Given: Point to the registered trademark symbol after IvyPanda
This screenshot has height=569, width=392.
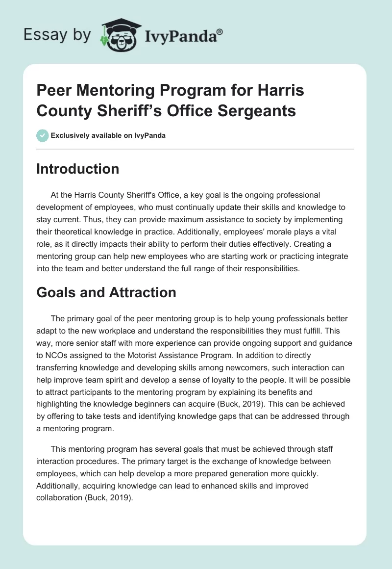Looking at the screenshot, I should tap(220, 32).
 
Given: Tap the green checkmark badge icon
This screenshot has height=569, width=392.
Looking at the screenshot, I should tap(43, 135).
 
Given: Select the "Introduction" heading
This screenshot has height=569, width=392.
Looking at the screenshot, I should tap(78, 169).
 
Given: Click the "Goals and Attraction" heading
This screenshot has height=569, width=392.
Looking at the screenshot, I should tap(106, 292).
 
